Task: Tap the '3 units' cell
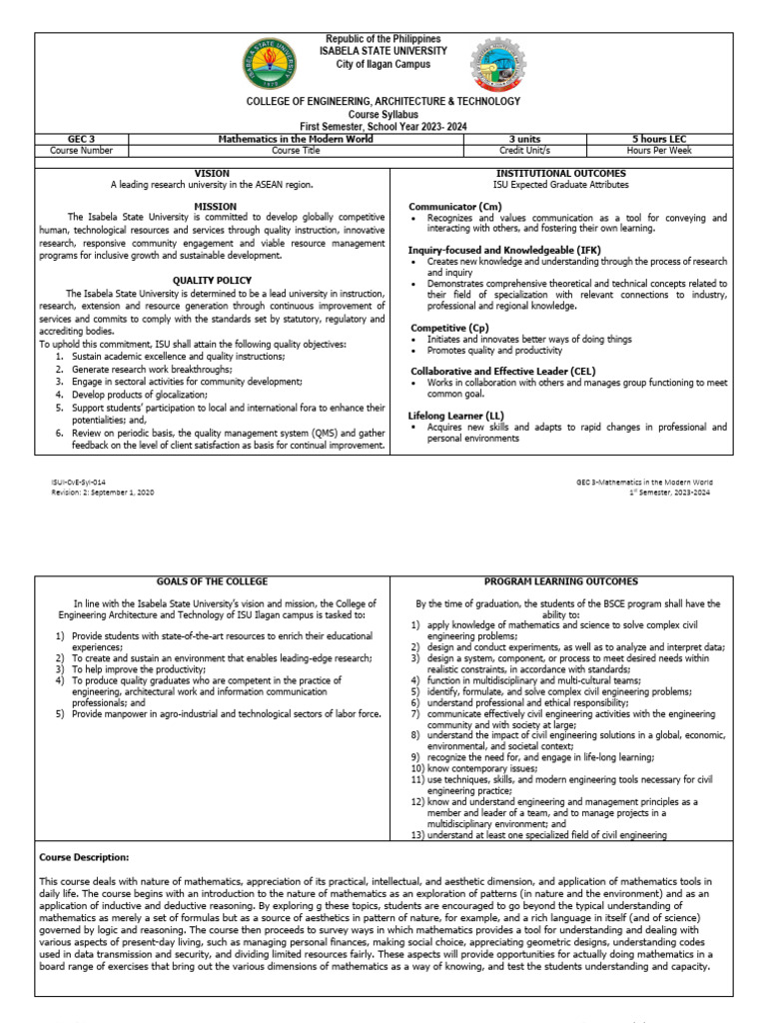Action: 525,139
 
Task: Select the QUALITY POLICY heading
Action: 212,281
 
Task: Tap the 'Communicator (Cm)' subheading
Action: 454,206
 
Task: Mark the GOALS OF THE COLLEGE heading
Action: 212,581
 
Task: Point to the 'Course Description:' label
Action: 84,857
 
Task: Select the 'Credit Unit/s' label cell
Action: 525,151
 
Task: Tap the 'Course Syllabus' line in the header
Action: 383,114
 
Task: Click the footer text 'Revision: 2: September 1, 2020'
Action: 103,493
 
